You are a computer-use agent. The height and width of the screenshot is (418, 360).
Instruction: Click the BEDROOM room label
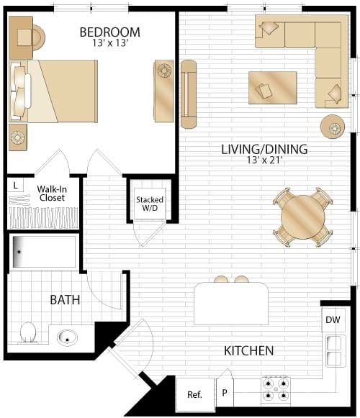[109, 32]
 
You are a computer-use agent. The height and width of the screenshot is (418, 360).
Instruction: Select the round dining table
[302, 216]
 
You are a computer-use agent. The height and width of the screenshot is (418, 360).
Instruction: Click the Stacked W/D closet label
[150, 204]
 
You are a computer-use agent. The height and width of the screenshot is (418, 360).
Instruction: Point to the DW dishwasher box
[332, 319]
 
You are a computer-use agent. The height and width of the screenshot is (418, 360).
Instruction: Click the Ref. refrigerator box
[194, 394]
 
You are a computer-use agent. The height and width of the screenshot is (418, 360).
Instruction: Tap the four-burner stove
[275, 389]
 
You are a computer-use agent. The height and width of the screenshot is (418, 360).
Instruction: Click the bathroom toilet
[28, 333]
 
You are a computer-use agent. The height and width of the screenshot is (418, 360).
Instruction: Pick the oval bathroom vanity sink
[68, 337]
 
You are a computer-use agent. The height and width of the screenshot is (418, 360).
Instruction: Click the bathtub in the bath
[44, 252]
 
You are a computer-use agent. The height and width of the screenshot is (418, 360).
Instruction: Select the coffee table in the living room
[272, 88]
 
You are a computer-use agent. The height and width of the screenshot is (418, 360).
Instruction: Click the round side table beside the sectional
[333, 127]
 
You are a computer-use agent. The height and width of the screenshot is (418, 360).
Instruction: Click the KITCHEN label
[248, 351]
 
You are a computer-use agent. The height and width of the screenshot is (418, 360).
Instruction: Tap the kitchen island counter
[231, 304]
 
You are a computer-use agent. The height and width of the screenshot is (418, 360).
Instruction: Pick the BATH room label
[65, 300]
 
